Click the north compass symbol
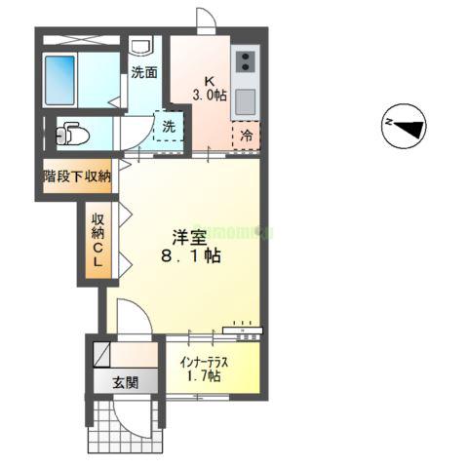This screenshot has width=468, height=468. click(404, 127)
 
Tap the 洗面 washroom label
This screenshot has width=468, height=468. click(145, 72)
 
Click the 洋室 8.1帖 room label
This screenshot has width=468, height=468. click(190, 245)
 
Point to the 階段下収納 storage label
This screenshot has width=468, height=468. click(76, 176)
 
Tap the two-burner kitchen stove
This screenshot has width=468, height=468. click(245, 61)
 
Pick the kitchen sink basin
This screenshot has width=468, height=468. click(244, 99)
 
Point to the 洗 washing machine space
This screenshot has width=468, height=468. click(169, 127)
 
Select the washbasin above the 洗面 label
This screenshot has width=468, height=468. click(140, 46)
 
